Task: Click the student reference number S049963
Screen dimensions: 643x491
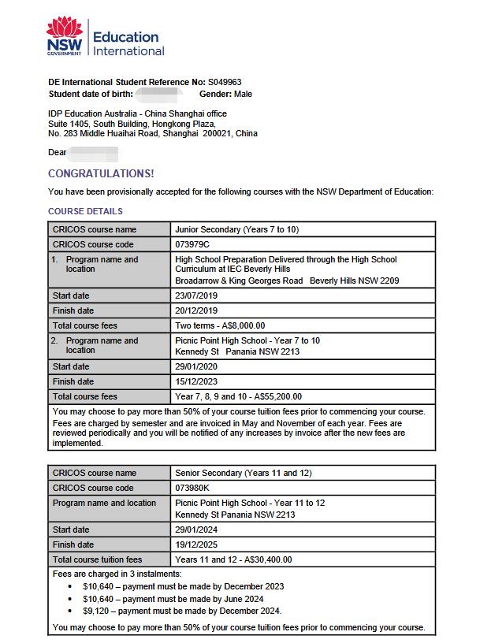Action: coord(225,82)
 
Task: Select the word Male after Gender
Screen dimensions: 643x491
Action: coord(243,94)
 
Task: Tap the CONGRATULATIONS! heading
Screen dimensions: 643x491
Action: coord(101,173)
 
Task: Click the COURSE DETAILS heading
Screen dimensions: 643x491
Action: coord(85,211)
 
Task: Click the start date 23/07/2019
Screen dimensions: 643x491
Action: coord(197,295)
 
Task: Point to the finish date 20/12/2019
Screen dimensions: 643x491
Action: coord(197,310)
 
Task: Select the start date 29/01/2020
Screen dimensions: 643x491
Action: coord(197,366)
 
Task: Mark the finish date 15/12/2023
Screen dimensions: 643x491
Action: coord(197,381)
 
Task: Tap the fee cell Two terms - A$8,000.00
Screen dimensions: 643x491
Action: coord(220,325)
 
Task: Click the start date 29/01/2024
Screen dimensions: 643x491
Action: coord(197,530)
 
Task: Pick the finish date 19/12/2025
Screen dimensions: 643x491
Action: coord(197,545)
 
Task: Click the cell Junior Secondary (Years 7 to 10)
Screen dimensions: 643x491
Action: coord(236,229)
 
